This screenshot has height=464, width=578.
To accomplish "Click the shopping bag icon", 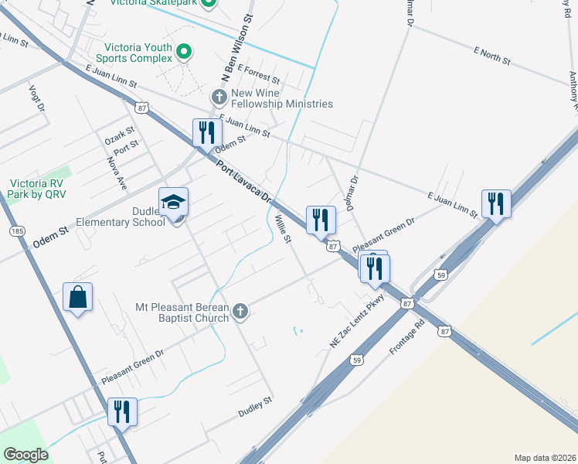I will pyautogui.click(x=77, y=297).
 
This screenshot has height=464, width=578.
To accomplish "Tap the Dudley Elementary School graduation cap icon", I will pyautogui.click(x=174, y=203).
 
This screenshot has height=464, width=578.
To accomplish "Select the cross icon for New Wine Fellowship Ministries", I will pyautogui.click(x=219, y=97).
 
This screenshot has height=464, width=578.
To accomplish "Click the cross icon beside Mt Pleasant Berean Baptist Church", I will pyautogui.click(x=240, y=311).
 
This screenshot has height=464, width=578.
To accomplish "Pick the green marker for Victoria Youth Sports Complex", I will pyautogui.click(x=183, y=52).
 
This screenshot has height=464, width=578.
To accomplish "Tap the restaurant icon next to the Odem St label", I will pyautogui.click(x=206, y=132).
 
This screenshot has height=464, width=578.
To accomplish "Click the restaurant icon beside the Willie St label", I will pyautogui.click(x=320, y=220).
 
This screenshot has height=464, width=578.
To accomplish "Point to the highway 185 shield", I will pyautogui.click(x=15, y=230).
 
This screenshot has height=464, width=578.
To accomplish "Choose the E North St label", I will pyautogui.click(x=492, y=55).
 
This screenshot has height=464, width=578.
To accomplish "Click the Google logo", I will pyautogui.click(x=25, y=455).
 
